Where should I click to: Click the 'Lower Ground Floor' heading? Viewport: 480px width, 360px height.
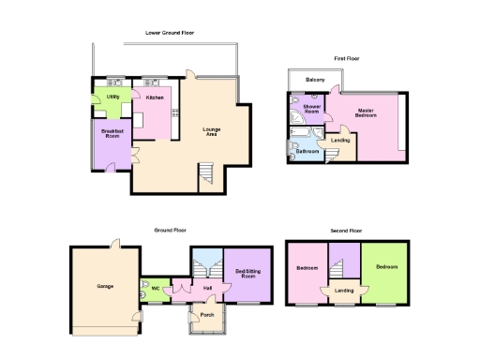click(x=171, y=33)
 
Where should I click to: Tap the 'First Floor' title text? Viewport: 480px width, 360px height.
click(x=347, y=59)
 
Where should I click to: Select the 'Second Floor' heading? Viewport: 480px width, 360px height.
click(x=346, y=230)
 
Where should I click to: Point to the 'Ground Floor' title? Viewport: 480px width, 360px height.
click(x=171, y=230)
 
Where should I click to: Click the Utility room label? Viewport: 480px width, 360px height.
click(x=112, y=97)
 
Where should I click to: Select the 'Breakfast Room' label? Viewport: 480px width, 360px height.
click(x=113, y=134)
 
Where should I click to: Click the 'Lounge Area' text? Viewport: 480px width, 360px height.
click(x=212, y=132)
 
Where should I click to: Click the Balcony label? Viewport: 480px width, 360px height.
click(x=316, y=80)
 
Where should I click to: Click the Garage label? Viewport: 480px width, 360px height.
click(x=104, y=285)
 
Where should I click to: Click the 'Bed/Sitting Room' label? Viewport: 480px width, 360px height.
click(x=246, y=274)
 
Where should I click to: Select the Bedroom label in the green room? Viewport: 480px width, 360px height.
click(x=386, y=267)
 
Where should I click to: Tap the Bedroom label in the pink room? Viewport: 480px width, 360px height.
click(x=307, y=268)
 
